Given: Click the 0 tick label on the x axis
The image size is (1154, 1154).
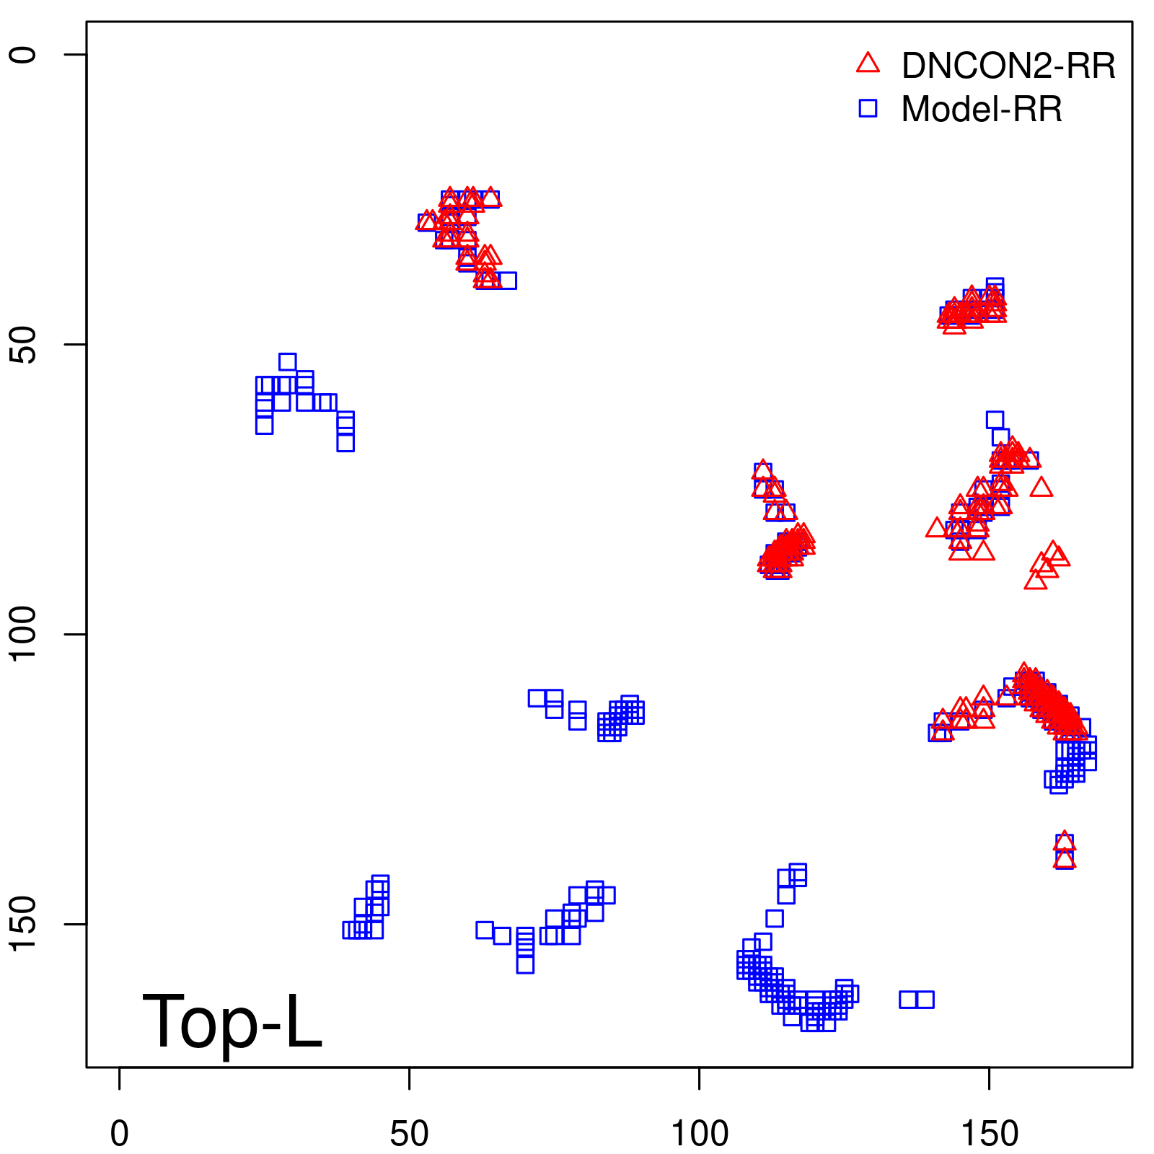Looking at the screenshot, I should (x=119, y=1134).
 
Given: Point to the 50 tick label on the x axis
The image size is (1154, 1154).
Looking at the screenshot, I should (x=409, y=1134).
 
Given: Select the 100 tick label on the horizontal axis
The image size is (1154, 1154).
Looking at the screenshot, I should (x=699, y=1134).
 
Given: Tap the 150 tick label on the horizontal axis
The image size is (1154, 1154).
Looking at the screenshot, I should (x=990, y=1134).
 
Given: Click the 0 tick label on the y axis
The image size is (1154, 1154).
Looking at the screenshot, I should (x=23, y=55).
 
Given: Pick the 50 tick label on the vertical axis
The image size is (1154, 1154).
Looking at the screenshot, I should (x=23, y=345).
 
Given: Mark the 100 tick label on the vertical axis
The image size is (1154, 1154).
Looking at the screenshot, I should (x=23, y=634).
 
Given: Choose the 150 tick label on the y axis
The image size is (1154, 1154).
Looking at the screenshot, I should (x=23, y=924).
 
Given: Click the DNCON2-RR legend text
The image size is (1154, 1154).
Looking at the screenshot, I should (x=1008, y=66).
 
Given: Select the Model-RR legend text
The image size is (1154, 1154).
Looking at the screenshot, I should (x=982, y=109).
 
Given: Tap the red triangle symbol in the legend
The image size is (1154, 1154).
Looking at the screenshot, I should (x=868, y=63).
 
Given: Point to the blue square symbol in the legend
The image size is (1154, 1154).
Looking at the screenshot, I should (x=868, y=108).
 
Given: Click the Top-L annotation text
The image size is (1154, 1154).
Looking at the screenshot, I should (x=232, y=1021).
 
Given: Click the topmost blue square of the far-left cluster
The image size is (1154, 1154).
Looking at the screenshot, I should (x=287, y=362).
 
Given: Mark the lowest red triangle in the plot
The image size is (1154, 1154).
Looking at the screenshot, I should (x=1065, y=858).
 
